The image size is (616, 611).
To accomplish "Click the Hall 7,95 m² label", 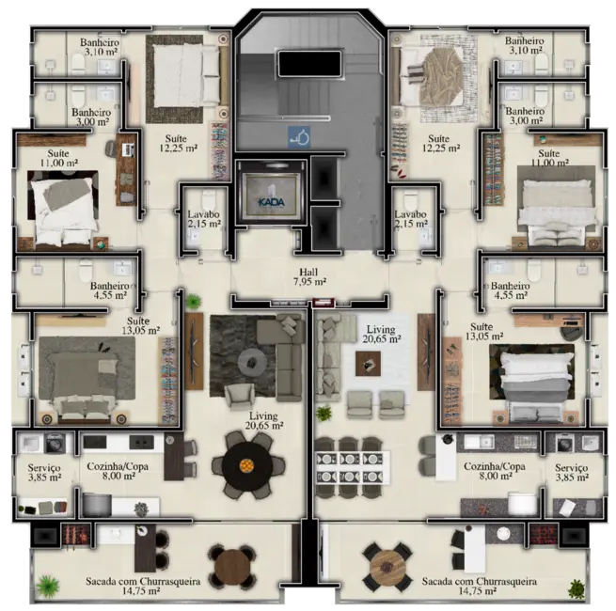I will coord(308,275).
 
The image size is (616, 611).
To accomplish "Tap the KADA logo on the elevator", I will coord(271,199).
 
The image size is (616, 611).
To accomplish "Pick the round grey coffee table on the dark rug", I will coord(251,361).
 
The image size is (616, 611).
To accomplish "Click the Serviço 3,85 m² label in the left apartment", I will coord(43,471).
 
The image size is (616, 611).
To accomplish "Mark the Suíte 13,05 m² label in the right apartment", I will coord(488,331).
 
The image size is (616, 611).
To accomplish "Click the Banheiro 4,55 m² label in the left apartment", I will coord(110,290).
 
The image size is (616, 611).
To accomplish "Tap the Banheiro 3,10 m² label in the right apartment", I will coord(524,46).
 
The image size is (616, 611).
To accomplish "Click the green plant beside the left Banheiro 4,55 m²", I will coord(193,302).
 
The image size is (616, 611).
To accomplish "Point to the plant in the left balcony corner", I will coord(44,587).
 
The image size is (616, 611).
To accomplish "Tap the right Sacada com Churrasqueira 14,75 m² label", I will coord(479,587).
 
